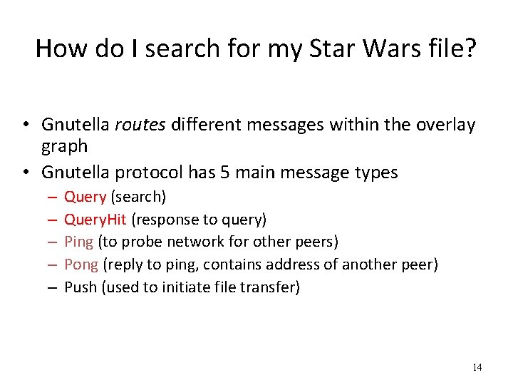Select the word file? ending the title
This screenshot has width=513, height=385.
click(451, 48)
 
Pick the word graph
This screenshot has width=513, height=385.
click(64, 146)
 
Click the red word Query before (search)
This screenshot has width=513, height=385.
click(85, 197)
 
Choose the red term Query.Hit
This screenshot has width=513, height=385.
click(95, 220)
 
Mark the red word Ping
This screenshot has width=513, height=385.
click(78, 242)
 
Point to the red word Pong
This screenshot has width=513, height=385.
click(81, 265)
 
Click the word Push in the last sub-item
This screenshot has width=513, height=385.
click(81, 287)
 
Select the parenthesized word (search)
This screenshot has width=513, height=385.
click(138, 197)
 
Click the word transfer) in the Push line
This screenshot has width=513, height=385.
click(273, 287)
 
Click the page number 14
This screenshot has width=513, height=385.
click(477, 367)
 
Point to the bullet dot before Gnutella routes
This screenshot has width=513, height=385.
click(25, 125)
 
